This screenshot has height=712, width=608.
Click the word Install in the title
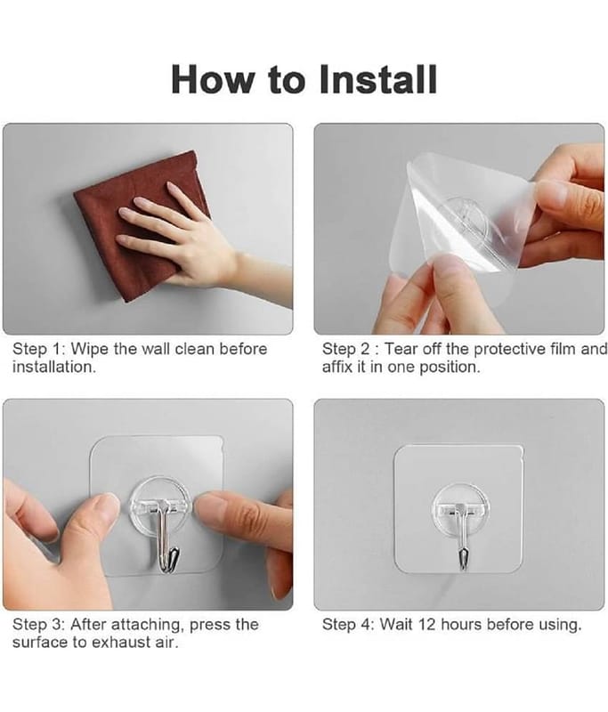click(377, 79)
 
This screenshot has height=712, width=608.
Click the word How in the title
click(213, 79)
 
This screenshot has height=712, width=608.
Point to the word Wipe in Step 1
click(90, 349)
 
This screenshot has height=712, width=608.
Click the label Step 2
click(346, 349)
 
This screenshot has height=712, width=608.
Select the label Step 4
click(347, 625)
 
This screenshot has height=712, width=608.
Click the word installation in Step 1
click(54, 367)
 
